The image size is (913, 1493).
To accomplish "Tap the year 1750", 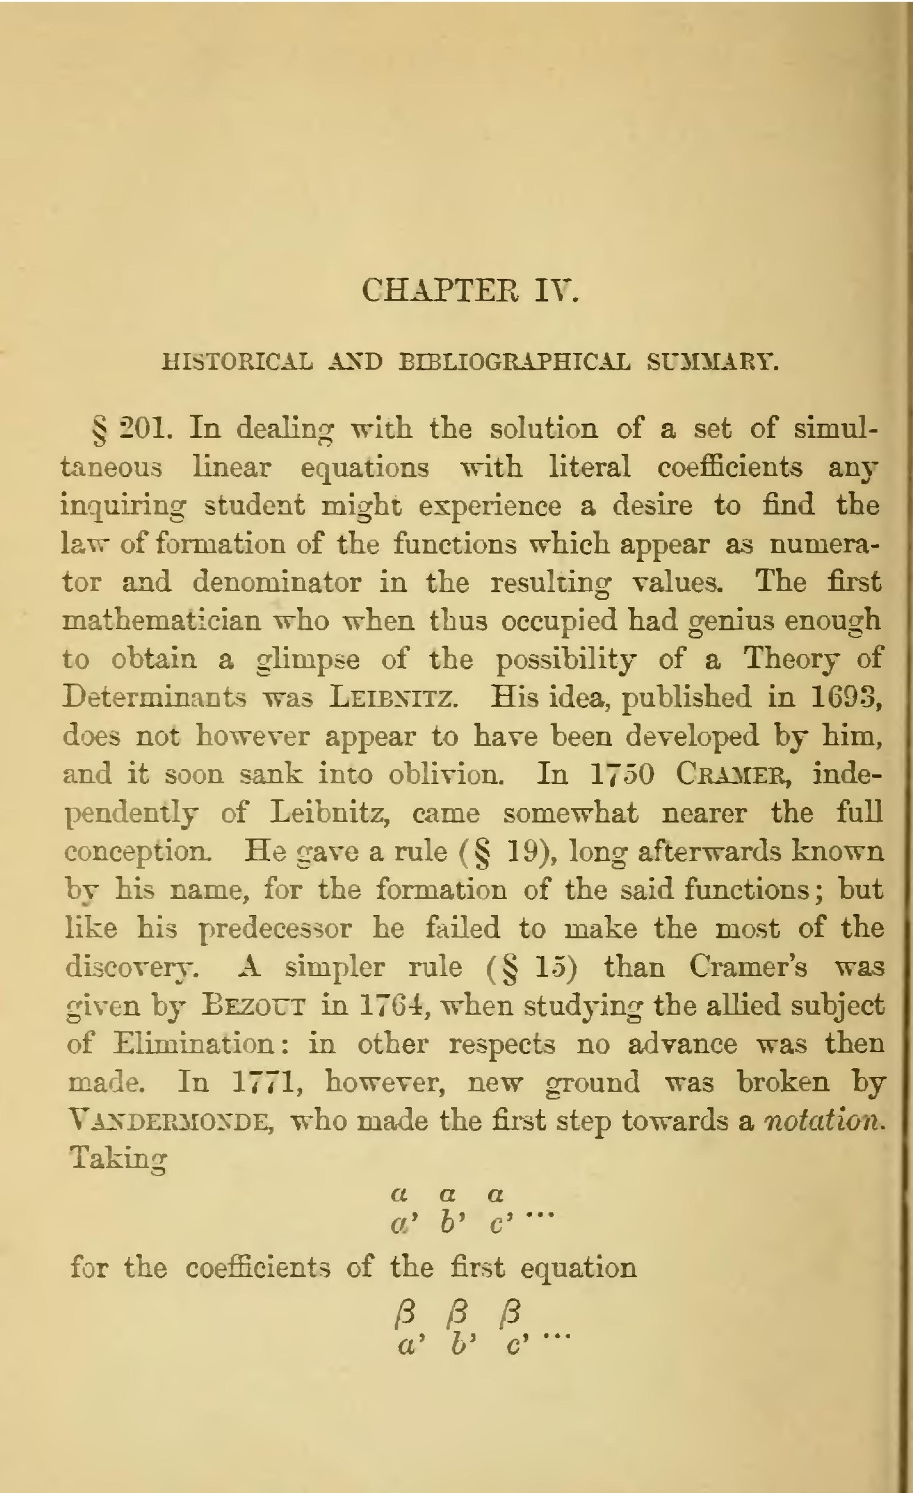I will (622, 775).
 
